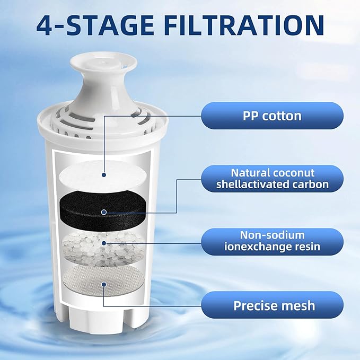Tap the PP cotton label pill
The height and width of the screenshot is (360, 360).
click(272, 115)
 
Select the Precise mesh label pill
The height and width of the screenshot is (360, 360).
click(272, 305)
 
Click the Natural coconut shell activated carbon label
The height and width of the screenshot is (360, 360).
click(272, 179)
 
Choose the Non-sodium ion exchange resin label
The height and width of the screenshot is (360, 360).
click(272, 241)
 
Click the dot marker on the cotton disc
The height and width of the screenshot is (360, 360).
click(104, 174)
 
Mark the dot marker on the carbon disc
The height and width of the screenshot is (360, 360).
click(104, 212)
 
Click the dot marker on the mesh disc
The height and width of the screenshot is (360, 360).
click(104, 284)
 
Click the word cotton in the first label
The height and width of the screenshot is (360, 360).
click(282, 115)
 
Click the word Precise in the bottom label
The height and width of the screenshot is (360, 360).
click(256, 305)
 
